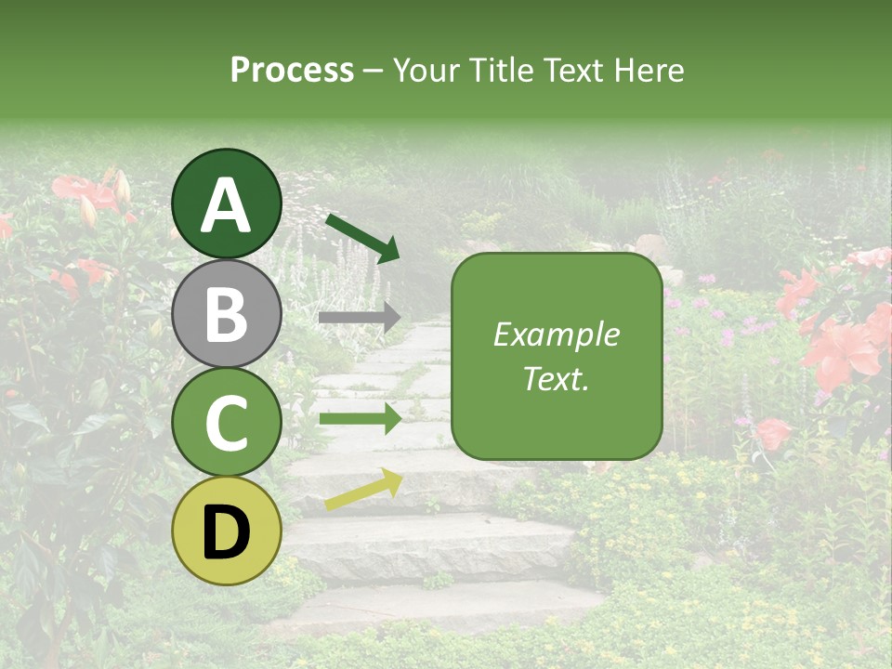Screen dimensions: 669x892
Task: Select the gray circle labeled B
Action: click(227, 314)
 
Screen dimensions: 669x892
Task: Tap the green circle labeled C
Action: click(227, 423)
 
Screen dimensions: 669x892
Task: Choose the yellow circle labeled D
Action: click(227, 531)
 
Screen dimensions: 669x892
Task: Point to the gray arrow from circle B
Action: click(360, 318)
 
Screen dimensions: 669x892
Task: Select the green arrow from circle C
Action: click(360, 419)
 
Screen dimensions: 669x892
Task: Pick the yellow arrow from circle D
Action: click(363, 489)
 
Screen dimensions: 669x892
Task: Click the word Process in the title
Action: click(292, 71)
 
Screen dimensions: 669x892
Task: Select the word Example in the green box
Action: click(557, 334)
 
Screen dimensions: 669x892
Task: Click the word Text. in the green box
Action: click(557, 379)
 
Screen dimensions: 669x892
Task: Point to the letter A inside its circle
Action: click(227, 205)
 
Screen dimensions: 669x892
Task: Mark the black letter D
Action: click(227, 532)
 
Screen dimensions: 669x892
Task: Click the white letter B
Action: click(227, 315)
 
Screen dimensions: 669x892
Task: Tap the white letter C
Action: click(227, 424)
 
